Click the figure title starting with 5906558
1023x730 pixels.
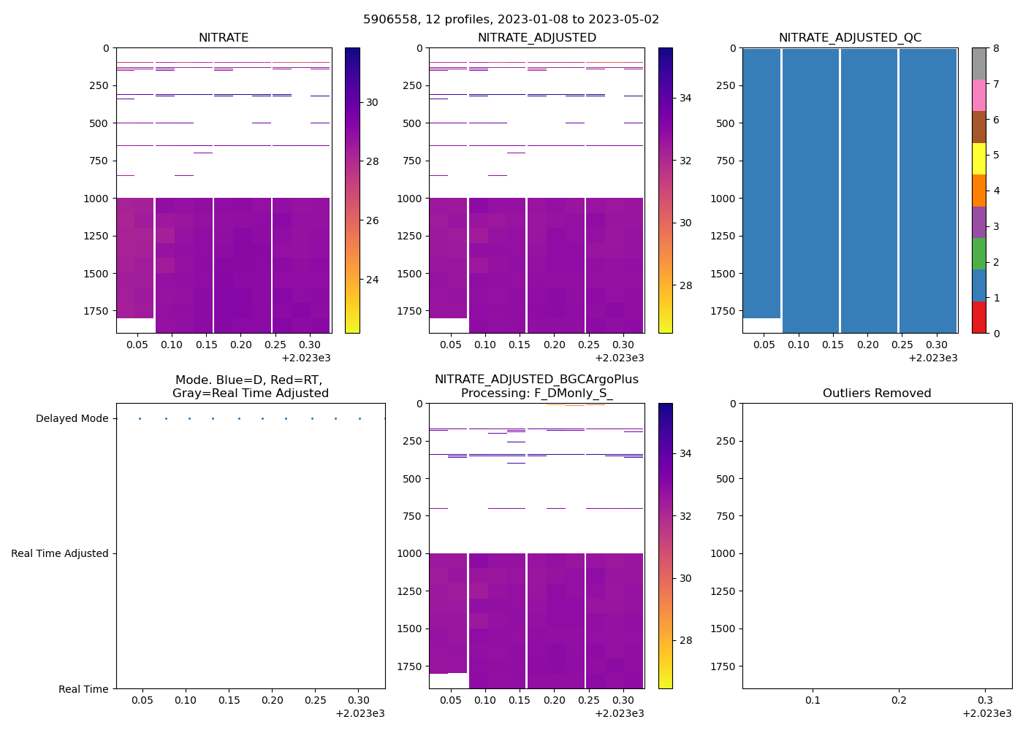coord(511,19)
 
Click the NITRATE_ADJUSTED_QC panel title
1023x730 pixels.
coord(850,37)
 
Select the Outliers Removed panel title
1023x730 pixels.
coord(877,393)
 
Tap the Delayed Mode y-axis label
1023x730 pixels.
coord(72,418)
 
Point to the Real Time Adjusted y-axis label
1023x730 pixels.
coord(59,553)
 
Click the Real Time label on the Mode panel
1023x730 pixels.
coord(83,689)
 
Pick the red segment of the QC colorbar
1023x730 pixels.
coord(978,318)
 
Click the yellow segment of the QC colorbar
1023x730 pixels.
coord(978,159)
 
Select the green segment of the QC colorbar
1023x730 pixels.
coord(978,254)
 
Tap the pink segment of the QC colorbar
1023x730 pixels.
coord(978,96)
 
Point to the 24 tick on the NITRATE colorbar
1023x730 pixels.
coord(372,280)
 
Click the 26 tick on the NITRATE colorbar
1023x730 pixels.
coord(372,220)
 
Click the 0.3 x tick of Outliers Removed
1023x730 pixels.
coord(984,700)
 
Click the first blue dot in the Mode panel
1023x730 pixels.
coord(140,418)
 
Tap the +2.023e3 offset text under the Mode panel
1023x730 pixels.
coord(360,713)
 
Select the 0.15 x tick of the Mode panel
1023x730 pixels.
coord(229,700)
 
